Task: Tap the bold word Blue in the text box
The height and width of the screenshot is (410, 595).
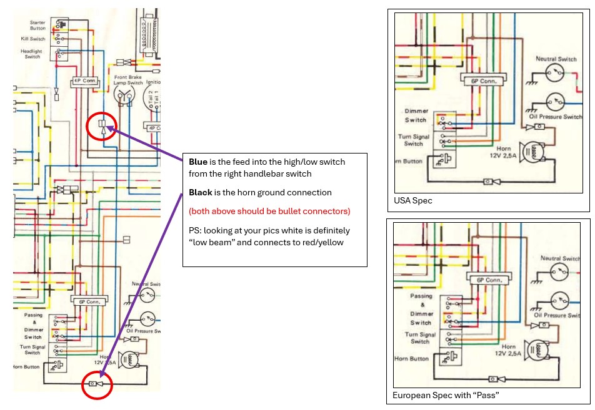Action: pyautogui.click(x=197, y=162)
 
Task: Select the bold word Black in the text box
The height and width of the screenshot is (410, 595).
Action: pyautogui.click(x=201, y=193)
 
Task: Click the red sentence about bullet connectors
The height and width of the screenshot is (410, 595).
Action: pyautogui.click(x=269, y=210)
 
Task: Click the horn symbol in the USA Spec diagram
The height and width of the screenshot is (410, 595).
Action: pyautogui.click(x=535, y=152)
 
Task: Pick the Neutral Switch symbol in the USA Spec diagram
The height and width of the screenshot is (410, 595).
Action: pyautogui.click(x=553, y=74)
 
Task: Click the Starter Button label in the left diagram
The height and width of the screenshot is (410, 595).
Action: pyautogui.click(x=37, y=26)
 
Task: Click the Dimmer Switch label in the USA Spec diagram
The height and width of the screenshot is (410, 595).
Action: pyautogui.click(x=415, y=115)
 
